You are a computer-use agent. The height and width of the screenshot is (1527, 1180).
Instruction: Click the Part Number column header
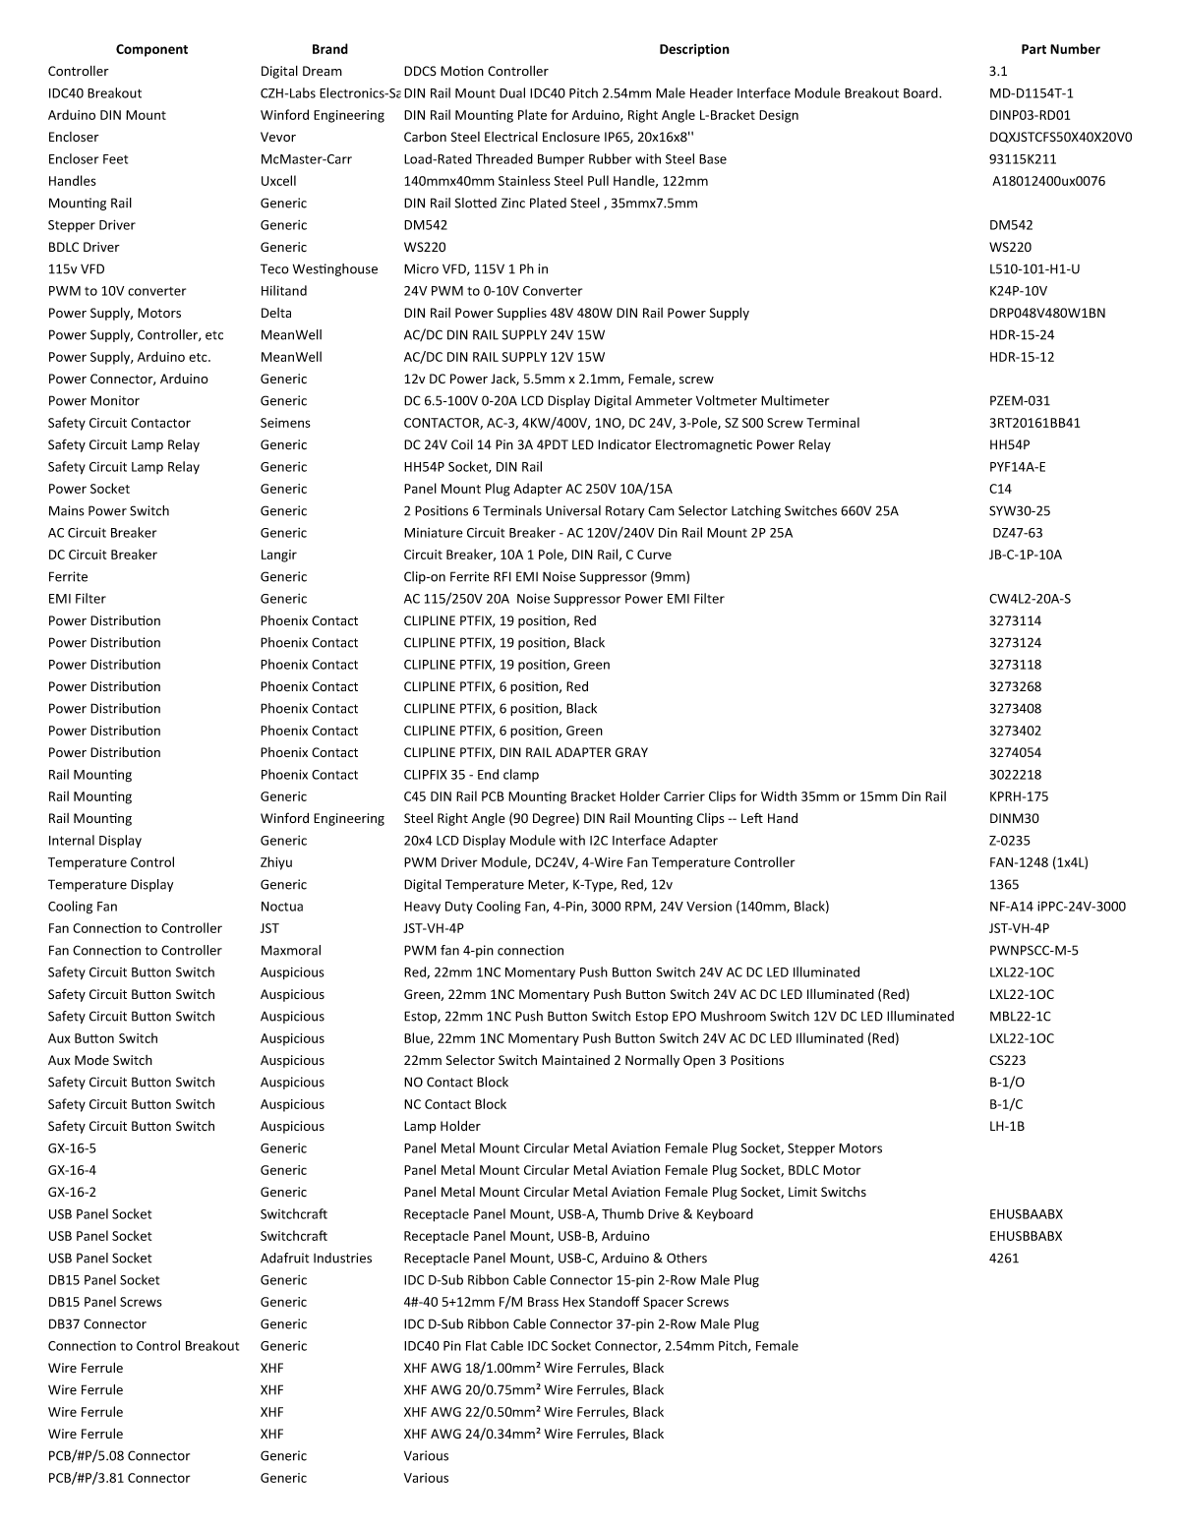click(x=1060, y=49)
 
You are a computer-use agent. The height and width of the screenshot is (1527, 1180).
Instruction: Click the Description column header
click(x=693, y=49)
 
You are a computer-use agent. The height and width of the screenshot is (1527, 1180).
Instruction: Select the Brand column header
click(x=329, y=49)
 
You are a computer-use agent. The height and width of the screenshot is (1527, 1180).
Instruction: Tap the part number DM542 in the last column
click(x=1011, y=225)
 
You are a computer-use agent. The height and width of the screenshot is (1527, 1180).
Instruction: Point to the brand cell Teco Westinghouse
click(x=319, y=269)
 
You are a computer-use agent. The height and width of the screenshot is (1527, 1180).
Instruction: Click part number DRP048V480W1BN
click(x=1047, y=313)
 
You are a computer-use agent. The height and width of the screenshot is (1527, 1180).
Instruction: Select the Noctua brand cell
click(x=281, y=907)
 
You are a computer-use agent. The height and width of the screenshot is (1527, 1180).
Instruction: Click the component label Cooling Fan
click(x=83, y=907)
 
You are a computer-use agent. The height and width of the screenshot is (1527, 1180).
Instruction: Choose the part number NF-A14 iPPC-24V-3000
click(x=1057, y=907)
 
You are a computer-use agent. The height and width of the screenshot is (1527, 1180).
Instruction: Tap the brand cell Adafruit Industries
click(x=316, y=1258)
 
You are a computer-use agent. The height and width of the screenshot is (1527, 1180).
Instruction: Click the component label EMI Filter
click(x=77, y=599)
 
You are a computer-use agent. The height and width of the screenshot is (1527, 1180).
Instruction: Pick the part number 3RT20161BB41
click(x=1034, y=423)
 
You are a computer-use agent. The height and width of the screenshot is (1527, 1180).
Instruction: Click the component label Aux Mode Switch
click(x=100, y=1060)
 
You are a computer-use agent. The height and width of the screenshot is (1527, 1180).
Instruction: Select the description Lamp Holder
click(x=442, y=1126)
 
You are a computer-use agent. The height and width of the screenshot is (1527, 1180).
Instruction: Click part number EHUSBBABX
click(x=1026, y=1236)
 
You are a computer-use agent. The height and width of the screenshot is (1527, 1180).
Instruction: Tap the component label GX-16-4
click(x=72, y=1170)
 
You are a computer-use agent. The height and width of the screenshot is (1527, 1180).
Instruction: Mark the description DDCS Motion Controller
click(x=476, y=71)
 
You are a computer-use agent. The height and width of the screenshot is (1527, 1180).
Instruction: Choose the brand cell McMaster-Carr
click(x=306, y=159)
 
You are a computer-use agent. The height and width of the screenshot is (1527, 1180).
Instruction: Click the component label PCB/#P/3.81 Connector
click(x=119, y=1478)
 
